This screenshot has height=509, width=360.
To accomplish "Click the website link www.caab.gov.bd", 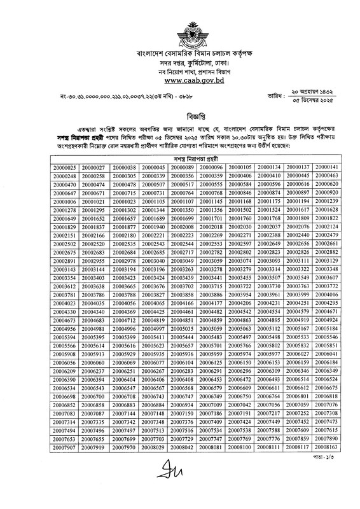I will pyautogui.click(x=179, y=81).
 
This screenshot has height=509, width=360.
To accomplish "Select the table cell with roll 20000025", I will pyautogui.click(x=65, y=166).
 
